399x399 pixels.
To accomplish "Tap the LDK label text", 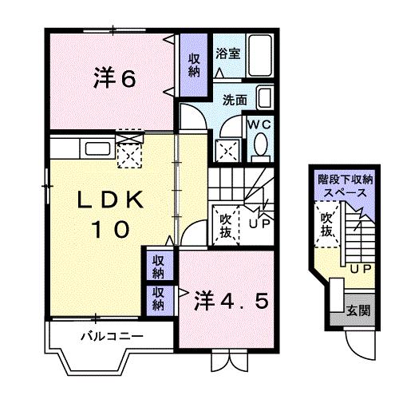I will click(x=111, y=201).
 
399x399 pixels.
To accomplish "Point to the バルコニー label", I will click(x=111, y=335).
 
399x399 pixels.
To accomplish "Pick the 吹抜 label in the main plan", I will click(x=226, y=223).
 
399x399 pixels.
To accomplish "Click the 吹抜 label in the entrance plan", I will click(x=326, y=223).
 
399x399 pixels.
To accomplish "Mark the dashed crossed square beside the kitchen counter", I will click(x=128, y=151).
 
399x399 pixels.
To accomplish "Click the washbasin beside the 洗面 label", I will click(x=266, y=101).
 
